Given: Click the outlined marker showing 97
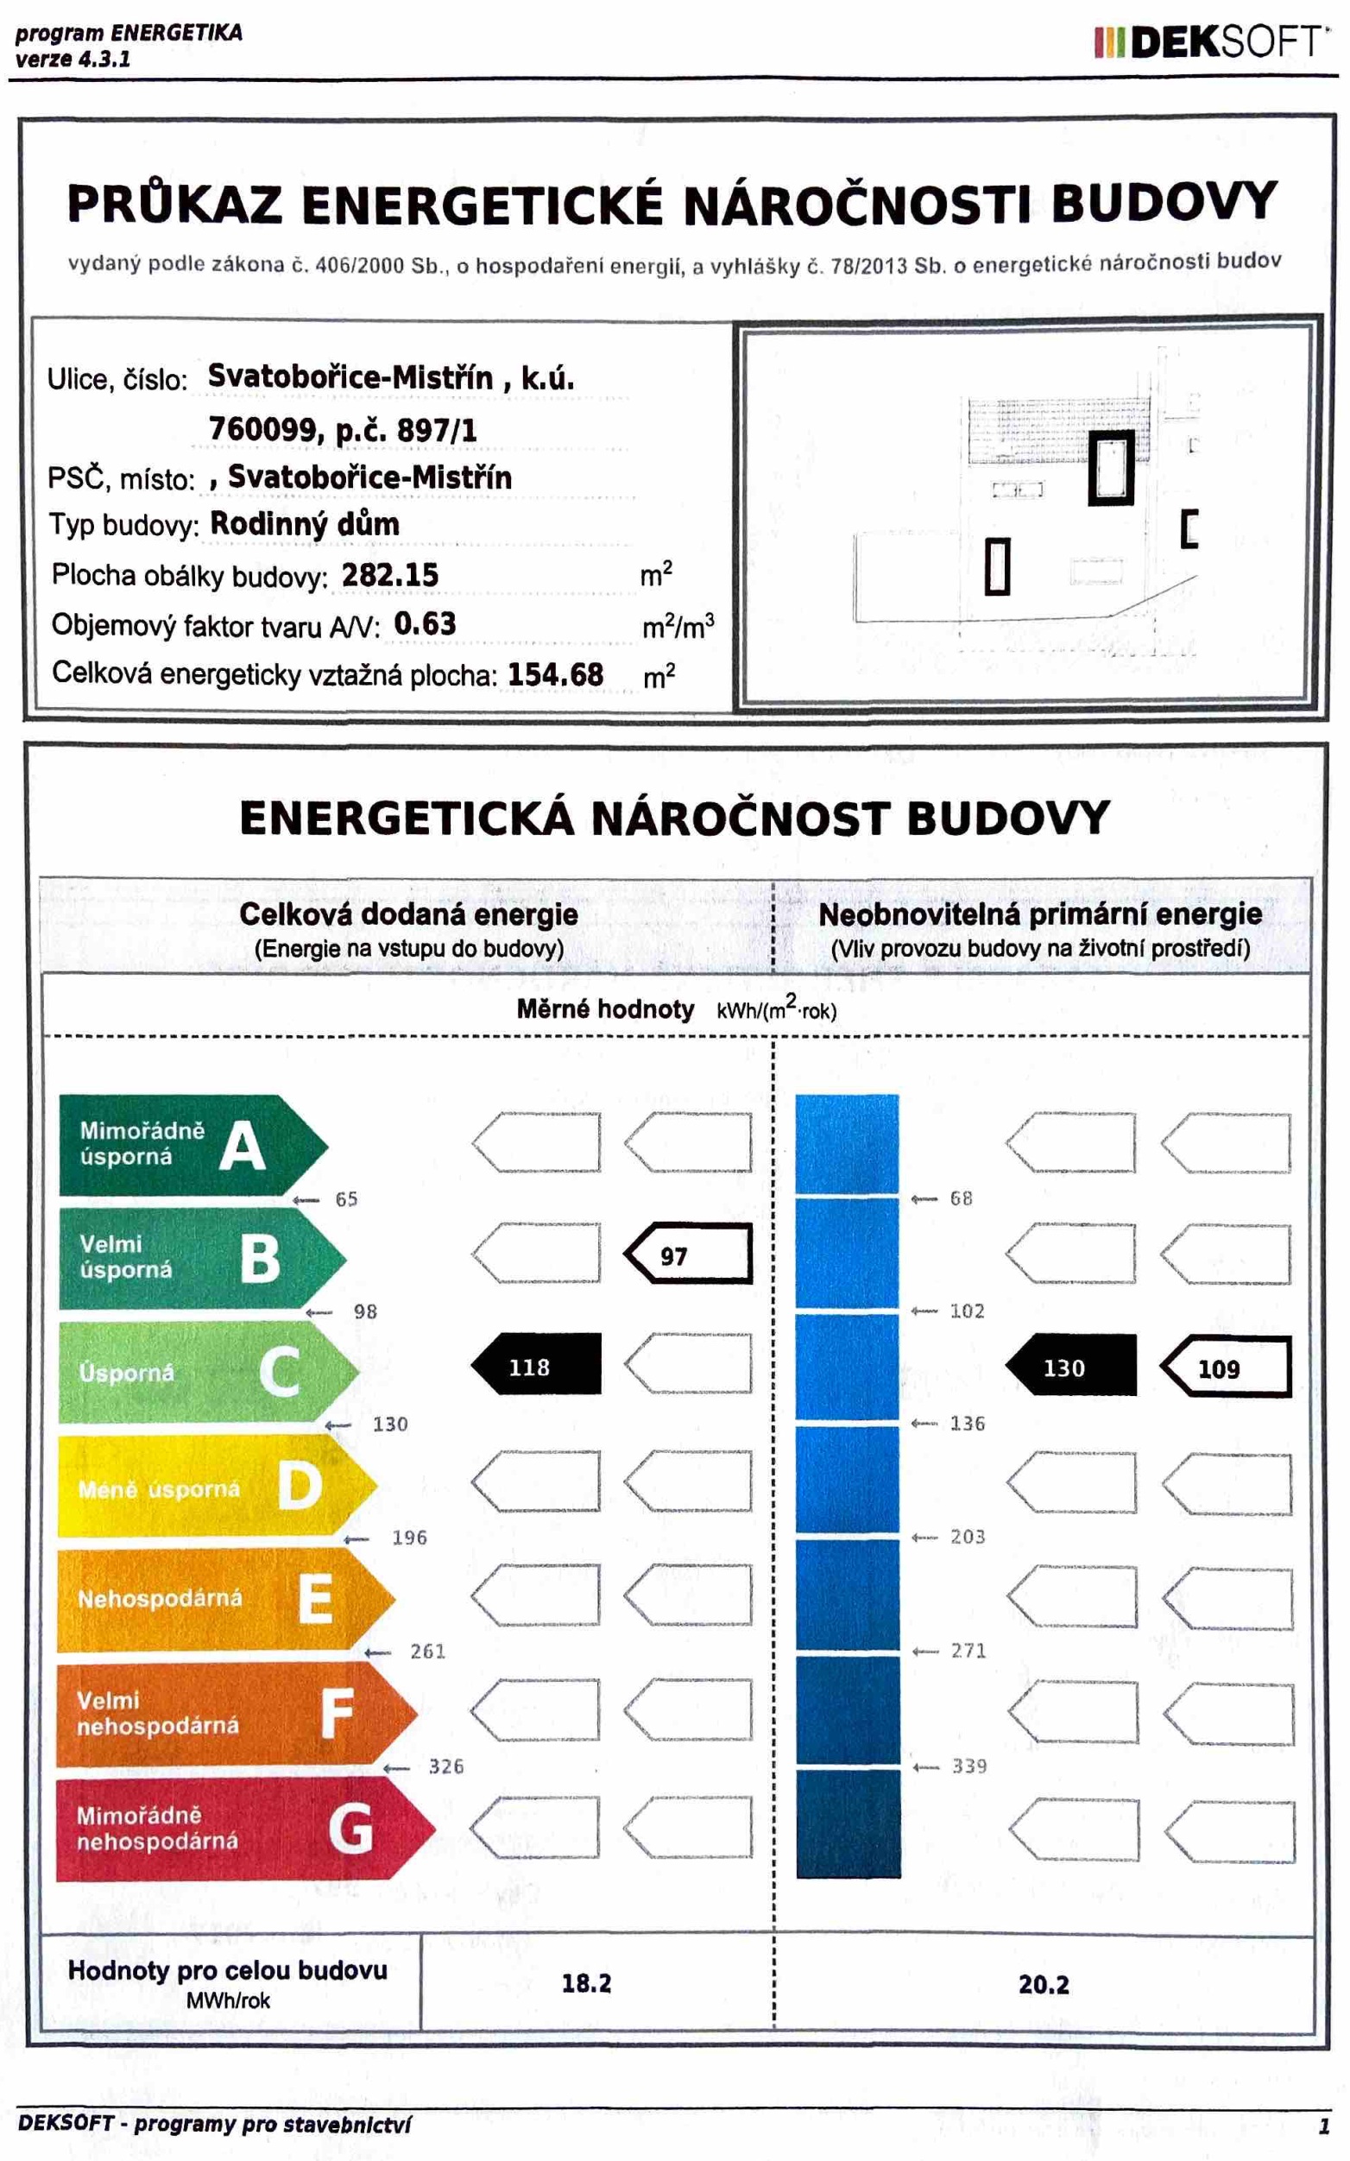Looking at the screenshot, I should [x=686, y=1254].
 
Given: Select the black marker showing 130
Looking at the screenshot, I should [x=1070, y=1368].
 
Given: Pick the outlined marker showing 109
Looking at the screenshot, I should [x=1226, y=1368].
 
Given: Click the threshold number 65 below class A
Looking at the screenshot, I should [x=346, y=1199].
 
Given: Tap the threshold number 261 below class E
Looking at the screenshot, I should [x=427, y=1651].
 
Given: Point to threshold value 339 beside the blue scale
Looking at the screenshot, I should [x=968, y=1766].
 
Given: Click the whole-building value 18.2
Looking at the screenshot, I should [x=587, y=1983].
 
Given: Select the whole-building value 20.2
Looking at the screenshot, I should [x=1044, y=1984].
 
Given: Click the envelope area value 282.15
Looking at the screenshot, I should [x=390, y=575].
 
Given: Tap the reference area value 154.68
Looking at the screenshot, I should [x=555, y=674].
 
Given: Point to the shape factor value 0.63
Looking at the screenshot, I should [x=425, y=623].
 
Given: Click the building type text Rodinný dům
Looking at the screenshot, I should [x=305, y=524].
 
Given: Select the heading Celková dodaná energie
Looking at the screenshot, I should [x=408, y=914].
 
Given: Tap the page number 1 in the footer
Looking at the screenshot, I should [x=1324, y=2126].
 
